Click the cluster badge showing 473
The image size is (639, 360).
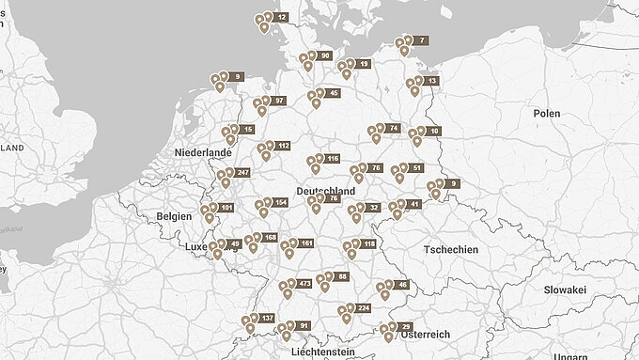pos(304,283)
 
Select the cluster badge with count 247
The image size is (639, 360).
pos(242,173)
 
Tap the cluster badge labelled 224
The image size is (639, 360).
pos(364,308)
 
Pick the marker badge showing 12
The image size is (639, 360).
pos(281,17)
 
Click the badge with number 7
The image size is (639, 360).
pos(421,40)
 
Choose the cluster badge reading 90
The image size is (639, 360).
pos(324,56)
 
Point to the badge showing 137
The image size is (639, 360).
pos(266,319)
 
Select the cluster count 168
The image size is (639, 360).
pos(270,238)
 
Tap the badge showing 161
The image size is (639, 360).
pos(305,243)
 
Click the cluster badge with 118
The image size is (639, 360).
pos(367,244)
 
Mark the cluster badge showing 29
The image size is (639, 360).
pos(405,326)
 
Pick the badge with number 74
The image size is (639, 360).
pos(392,128)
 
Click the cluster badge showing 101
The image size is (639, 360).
pos(226,207)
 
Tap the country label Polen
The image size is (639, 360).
pos(546,113)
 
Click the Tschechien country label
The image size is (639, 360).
pos(451,250)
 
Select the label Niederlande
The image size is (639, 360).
pos(203,152)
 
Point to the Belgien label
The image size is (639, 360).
pos(174,215)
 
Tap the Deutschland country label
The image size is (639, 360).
pos(325,191)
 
